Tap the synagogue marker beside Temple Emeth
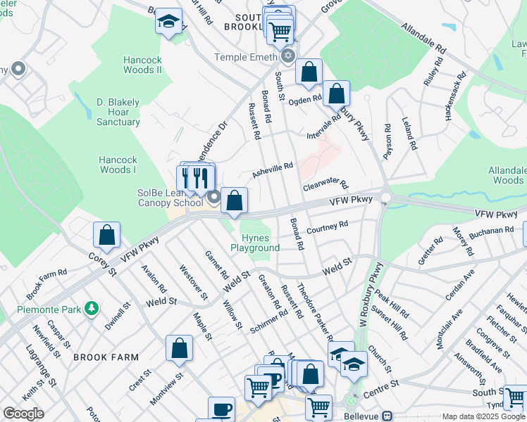[287, 56]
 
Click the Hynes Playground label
[255, 243]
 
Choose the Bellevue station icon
[387, 416]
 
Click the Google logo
[23, 414]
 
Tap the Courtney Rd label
[328, 226]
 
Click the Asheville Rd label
[273, 170]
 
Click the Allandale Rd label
[423, 38]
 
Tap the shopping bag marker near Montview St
[180, 348]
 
